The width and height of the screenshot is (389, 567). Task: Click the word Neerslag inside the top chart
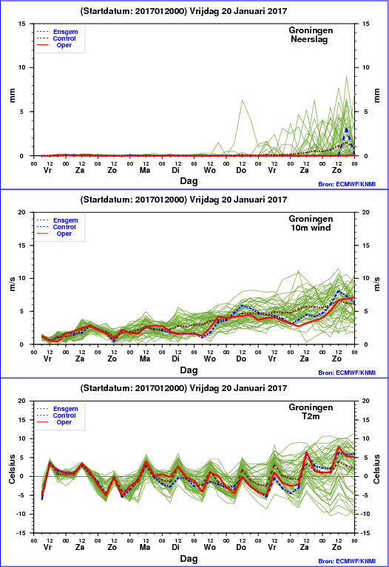click(309, 39)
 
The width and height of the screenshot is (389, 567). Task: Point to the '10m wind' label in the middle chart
click(311, 228)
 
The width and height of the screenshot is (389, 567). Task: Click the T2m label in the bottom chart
click(311, 416)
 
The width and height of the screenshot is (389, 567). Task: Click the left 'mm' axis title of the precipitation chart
click(13, 95)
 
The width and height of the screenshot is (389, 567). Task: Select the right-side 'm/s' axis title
click(376, 284)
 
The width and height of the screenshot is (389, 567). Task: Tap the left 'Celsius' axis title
click(13, 469)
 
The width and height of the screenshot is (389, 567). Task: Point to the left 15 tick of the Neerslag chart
click(22, 24)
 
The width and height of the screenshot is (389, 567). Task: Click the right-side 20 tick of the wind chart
click(365, 212)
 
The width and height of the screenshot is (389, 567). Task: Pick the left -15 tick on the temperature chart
click(21, 533)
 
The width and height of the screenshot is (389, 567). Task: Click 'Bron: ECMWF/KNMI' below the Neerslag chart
click(347, 184)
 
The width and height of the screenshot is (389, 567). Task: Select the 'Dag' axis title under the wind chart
click(189, 370)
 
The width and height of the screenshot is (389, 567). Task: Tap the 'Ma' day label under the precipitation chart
click(145, 170)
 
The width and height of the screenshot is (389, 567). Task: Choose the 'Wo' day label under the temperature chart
click(209, 547)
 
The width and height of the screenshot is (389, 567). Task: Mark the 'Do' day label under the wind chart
click(241, 359)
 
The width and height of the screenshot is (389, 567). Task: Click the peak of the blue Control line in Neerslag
click(347, 129)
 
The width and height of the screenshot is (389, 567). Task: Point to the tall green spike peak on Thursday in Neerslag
click(242, 100)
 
